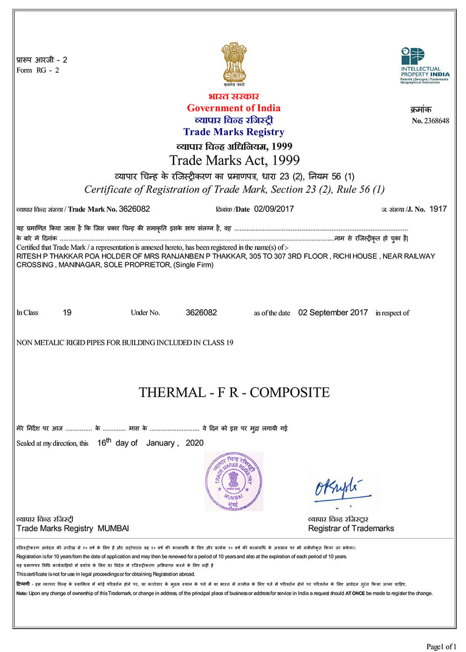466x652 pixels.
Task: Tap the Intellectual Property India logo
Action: pos(425,65)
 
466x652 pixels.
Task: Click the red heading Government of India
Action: pos(234,108)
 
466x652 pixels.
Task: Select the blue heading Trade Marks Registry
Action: pos(234,132)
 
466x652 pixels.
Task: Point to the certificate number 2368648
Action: pos(437,121)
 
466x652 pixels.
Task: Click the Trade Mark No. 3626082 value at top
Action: pos(134,209)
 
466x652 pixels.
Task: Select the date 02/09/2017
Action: pos(274,209)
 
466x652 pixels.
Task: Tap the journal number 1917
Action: pos(438,209)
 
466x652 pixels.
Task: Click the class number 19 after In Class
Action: pos(67,312)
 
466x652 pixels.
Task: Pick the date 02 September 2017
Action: pos(333,312)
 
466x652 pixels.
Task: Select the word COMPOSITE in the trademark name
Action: pos(289,393)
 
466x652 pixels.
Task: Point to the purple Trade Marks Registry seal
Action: pos(234,481)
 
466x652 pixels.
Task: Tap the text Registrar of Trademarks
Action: pos(351,528)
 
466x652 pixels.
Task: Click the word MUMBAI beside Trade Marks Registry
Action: pos(113,528)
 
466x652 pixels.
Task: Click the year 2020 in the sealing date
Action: pos(194,443)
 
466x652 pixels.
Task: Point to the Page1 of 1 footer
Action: pos(441,646)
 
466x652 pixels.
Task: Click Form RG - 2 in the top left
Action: pos(38,70)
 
